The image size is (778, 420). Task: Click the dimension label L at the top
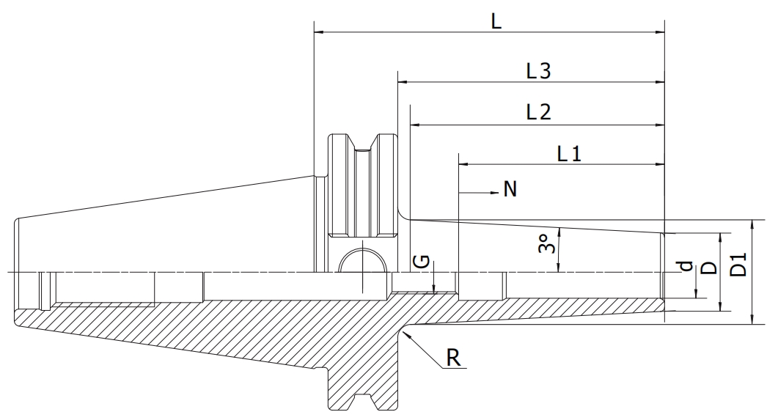tap(496, 21)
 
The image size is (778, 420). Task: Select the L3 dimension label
tap(538, 71)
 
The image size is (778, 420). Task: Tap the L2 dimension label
tap(538, 113)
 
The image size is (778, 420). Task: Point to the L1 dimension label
tap(569, 154)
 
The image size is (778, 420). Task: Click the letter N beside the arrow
tap(510, 189)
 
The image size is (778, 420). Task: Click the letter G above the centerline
tap(421, 261)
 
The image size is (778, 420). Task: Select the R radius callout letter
tap(453, 357)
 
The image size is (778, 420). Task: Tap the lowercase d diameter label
tap(686, 266)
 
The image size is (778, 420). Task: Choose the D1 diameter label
tap(739, 265)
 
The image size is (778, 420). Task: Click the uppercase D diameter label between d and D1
tap(711, 268)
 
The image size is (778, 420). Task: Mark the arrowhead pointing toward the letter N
tap(493, 192)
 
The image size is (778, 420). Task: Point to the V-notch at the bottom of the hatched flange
tap(363, 399)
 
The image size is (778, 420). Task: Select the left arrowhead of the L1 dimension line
tap(464, 164)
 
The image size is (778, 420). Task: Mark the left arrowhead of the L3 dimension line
tap(403, 82)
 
